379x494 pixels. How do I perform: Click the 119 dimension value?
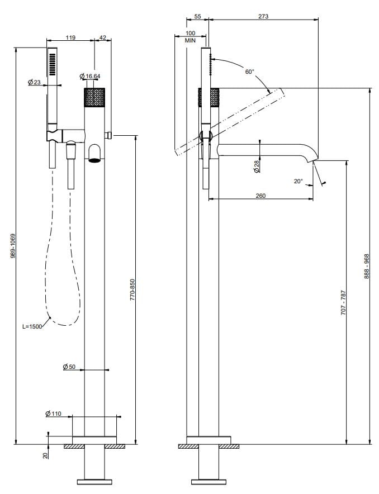coord(70,37)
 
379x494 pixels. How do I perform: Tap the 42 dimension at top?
coord(102,37)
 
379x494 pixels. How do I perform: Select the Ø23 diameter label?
coord(34,82)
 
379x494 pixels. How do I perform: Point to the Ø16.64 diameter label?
coord(90,76)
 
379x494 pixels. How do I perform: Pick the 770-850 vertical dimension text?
coord(133,290)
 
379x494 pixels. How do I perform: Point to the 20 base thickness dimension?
coord(45,456)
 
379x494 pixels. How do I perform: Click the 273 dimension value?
coord(263,17)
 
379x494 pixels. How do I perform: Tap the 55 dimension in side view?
coord(197,17)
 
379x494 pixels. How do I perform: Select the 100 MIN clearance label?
coord(190,37)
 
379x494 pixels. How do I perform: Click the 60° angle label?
coord(249,72)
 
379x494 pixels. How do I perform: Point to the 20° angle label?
coord(297,181)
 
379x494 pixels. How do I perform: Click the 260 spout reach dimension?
coord(260,196)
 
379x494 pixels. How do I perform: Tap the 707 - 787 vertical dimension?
coord(343,302)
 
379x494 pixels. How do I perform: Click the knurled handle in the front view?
coord(94,97)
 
